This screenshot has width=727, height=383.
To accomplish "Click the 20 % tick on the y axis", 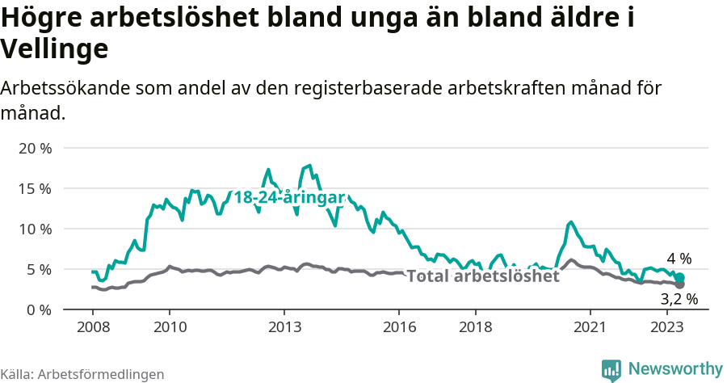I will [34, 149].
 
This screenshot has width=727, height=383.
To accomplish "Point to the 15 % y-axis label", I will [34, 189].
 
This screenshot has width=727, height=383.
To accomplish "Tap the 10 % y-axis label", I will [34, 229].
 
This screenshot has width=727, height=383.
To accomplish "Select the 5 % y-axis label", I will [37, 270].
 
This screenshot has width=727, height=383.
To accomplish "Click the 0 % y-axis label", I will [37, 310].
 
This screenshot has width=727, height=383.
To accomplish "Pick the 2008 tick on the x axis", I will [92, 326].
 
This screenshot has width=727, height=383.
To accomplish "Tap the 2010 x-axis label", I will [169, 326].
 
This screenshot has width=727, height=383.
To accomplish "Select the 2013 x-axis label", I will [284, 326].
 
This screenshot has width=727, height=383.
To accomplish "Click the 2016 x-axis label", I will [399, 326].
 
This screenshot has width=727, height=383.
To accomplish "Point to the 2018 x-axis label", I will [476, 326].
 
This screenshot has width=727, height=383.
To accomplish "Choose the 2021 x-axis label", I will [590, 326].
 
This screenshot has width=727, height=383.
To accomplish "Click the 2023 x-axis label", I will [667, 326].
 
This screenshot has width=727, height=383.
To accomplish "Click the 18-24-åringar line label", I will [288, 197].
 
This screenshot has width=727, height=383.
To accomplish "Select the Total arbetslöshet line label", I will [482, 276].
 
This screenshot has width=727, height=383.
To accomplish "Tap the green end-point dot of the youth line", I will [680, 277].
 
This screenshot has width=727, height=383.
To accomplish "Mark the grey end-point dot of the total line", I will [680, 284].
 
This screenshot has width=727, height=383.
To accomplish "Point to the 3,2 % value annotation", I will [679, 300].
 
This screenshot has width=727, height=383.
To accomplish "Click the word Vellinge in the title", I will [55, 50].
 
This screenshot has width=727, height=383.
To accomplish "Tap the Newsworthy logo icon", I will [611, 370].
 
